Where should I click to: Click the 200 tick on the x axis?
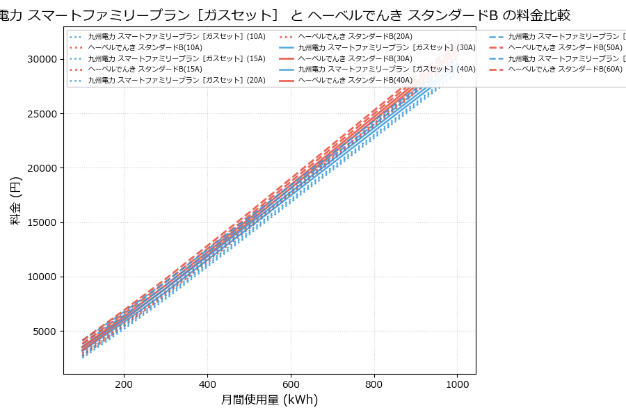[x=124, y=384]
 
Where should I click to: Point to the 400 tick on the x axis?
[x=207, y=384]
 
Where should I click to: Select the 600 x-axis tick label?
[x=291, y=384]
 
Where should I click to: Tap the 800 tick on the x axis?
[x=374, y=384]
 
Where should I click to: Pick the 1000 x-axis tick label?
[x=457, y=384]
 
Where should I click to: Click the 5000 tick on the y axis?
[x=44, y=332]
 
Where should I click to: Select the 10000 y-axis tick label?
[x=41, y=277]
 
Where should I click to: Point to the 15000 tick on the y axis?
[x=41, y=222]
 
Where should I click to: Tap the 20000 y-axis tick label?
[x=41, y=168]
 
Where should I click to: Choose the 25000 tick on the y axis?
[x=41, y=114]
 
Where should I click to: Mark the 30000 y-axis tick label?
[x=41, y=59]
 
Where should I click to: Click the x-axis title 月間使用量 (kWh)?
[x=269, y=400]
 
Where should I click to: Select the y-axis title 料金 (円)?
[x=15, y=200]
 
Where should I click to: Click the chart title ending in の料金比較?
[x=292, y=15]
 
